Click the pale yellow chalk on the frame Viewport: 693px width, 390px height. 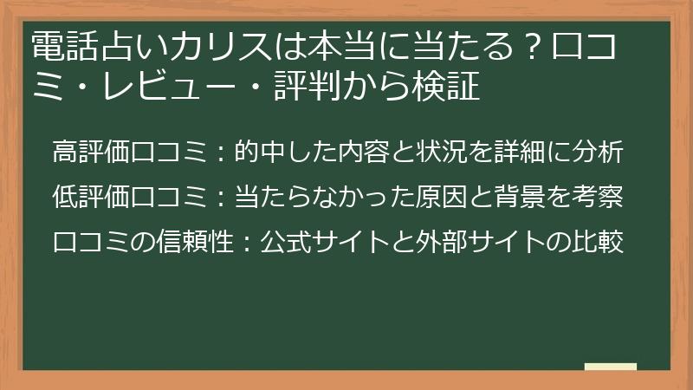(x=610, y=367)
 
